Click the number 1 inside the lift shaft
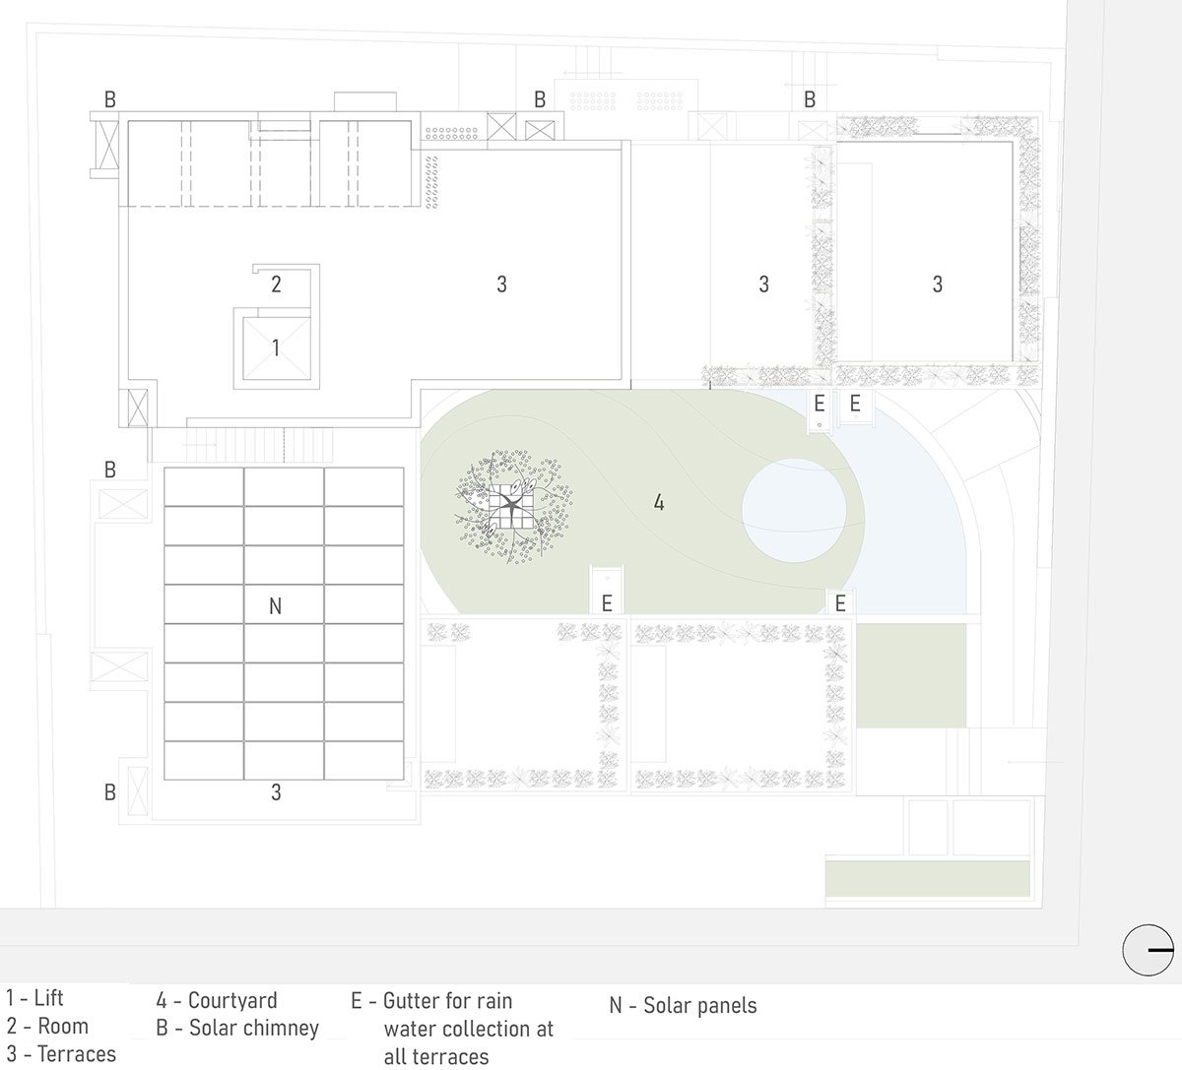[276, 348]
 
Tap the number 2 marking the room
[276, 284]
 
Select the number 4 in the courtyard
[659, 502]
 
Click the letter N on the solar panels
[275, 606]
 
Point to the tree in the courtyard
[513, 507]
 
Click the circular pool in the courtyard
[794, 511]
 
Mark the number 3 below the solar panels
[276, 792]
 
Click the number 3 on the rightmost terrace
[937, 284]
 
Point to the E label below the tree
[607, 603]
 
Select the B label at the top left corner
[110, 99]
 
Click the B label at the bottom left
[110, 792]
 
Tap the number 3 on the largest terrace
[501, 284]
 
